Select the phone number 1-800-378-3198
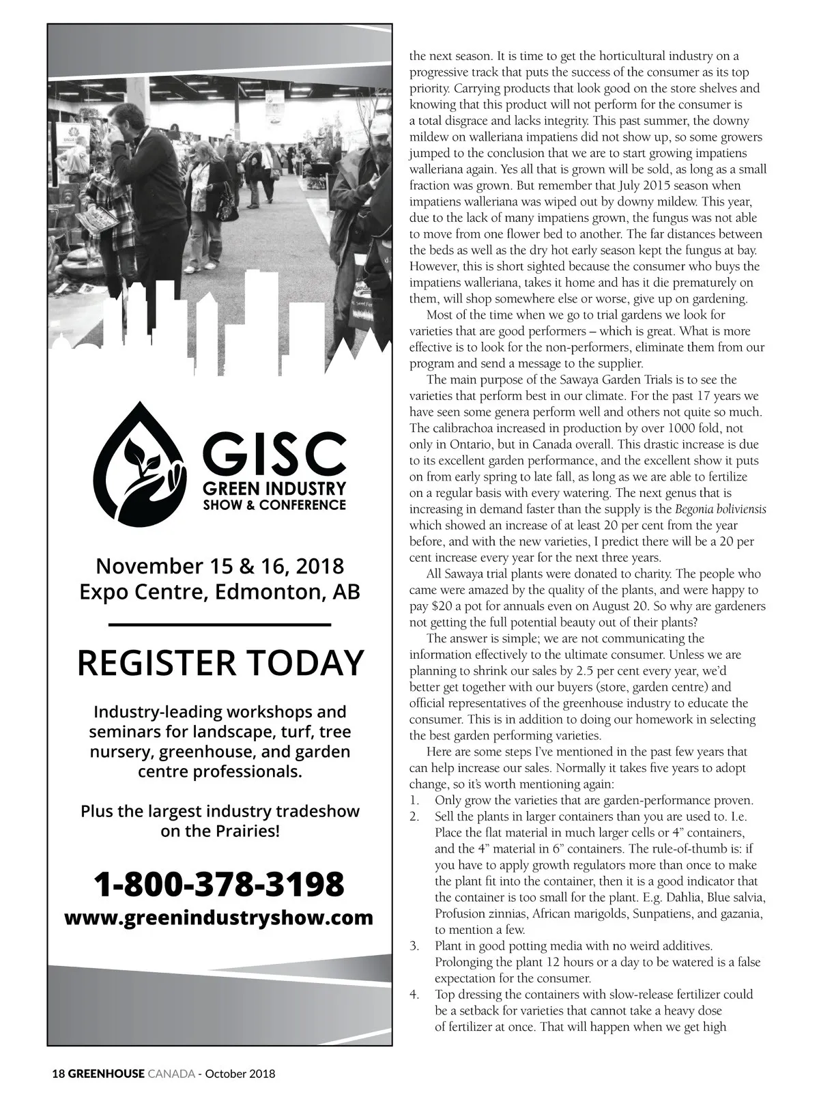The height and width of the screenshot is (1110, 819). [219, 884]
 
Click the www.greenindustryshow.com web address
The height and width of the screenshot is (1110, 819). [219, 917]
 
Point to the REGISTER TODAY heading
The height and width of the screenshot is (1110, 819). [220, 662]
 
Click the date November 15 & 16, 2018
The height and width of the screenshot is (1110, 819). [220, 566]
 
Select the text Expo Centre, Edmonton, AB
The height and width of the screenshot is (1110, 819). [220, 590]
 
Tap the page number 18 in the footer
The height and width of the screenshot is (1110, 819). [58, 1073]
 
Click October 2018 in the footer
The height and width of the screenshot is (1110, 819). [240, 1073]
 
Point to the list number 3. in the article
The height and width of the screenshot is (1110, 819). [414, 945]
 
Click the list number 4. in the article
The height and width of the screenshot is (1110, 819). [414, 994]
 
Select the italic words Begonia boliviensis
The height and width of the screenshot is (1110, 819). [721, 509]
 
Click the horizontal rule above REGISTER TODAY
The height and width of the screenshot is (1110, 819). [220, 624]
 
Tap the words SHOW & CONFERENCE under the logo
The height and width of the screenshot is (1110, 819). [274, 505]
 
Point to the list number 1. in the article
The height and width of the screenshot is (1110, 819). [414, 800]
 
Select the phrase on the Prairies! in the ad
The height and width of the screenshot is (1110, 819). [220, 831]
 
